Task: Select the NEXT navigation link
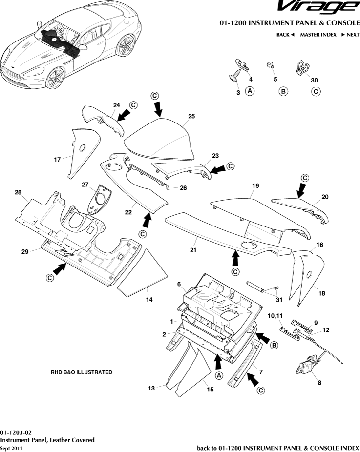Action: (x=350, y=35)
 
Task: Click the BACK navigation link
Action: (x=285, y=35)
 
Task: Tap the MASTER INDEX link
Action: (x=318, y=35)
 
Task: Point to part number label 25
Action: (x=191, y=116)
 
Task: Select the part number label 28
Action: (x=19, y=193)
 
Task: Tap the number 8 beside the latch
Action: (x=320, y=383)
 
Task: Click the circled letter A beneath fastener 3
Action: (x=250, y=91)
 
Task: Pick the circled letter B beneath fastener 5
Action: (x=283, y=91)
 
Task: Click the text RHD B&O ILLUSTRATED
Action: (x=82, y=372)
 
